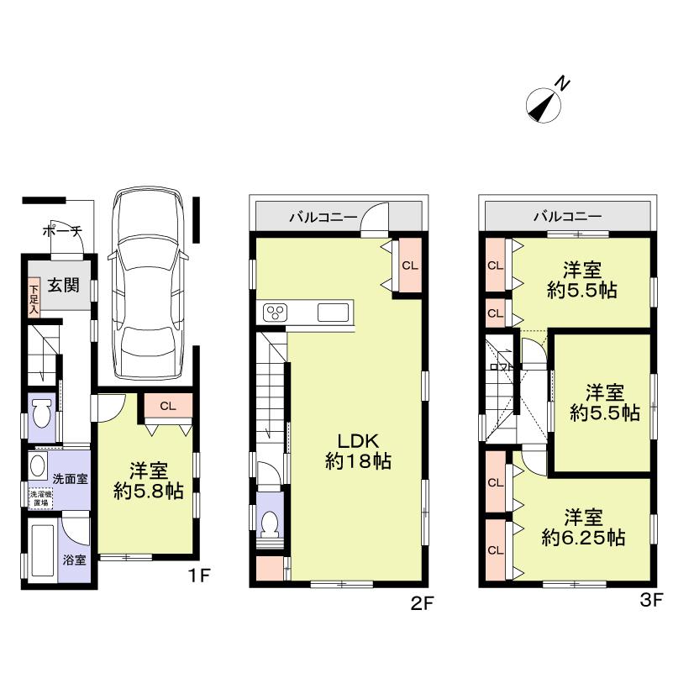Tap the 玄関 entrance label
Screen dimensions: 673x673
pyautogui.click(x=63, y=286)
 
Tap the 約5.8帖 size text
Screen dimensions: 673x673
pyautogui.click(x=149, y=492)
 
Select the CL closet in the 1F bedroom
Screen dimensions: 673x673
pyautogui.click(x=167, y=406)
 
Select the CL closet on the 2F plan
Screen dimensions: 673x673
pyautogui.click(x=409, y=265)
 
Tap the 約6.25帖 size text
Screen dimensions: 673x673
pyautogui.click(x=582, y=539)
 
